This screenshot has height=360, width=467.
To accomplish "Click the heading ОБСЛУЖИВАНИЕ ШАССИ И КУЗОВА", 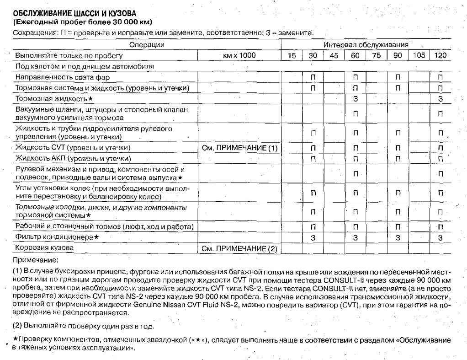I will (74, 13).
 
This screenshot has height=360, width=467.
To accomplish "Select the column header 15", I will (292, 55).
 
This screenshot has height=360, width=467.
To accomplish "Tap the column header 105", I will (419, 55).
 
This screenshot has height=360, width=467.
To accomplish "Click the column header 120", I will (440, 55).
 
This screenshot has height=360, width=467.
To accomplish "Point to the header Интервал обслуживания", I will (366, 45).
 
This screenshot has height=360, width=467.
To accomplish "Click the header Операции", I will (147, 45).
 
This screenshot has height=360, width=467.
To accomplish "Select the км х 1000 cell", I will (239, 55).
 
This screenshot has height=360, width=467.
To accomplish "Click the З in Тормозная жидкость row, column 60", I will (355, 98).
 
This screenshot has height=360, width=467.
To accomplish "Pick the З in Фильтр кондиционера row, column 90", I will (398, 238).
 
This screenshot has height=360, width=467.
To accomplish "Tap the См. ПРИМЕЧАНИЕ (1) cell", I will (239, 148).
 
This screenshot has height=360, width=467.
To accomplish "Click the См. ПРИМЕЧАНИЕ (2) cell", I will (239, 248).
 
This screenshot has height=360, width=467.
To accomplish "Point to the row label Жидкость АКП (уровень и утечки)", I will (73, 159).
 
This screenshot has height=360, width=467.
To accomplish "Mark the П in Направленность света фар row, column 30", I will (313, 77).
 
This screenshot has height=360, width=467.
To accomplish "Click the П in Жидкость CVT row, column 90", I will (398, 148).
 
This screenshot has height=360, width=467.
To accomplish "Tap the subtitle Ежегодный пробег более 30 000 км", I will (82, 22).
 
